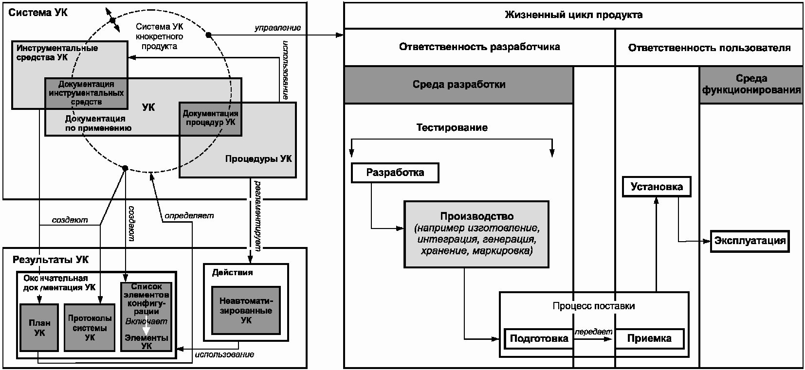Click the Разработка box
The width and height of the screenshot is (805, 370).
tap(395, 173)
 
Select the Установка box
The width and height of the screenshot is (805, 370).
tap(657, 187)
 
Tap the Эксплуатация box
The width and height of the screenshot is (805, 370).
tap(750, 241)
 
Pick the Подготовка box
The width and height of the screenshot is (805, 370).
tap(539, 338)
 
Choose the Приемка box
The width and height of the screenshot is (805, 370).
tap(649, 338)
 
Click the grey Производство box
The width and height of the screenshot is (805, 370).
tap(476, 234)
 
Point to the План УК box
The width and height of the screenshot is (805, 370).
tap(39, 327)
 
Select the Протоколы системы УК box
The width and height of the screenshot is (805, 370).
tap(90, 327)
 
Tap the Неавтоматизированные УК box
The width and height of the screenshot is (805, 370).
tap(246, 310)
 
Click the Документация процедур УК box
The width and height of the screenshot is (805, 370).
tap(210, 119)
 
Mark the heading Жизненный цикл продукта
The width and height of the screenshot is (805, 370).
tap(573, 15)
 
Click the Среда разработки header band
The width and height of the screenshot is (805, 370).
tap(458, 85)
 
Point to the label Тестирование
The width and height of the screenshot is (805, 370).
tap(452, 128)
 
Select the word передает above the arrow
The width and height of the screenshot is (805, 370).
tap(593, 332)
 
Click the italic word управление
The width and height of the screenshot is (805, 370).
tap(278, 28)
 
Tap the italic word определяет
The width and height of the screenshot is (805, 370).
tap(189, 216)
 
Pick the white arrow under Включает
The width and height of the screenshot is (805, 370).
tap(146, 330)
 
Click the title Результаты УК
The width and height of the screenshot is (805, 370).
tap(50, 260)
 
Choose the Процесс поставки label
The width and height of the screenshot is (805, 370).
tap(594, 306)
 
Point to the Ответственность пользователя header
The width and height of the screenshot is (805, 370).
tap(709, 48)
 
